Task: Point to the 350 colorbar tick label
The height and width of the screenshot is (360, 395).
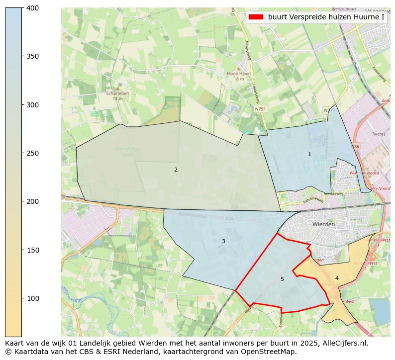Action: pyautogui.click(x=32, y=56)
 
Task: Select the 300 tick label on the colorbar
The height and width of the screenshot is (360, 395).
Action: pyautogui.click(x=32, y=105)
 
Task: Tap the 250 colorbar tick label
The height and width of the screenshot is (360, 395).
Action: pyautogui.click(x=32, y=153)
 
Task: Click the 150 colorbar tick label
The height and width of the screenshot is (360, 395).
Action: pyautogui.click(x=32, y=250)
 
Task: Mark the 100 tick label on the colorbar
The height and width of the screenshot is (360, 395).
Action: pyautogui.click(x=32, y=298)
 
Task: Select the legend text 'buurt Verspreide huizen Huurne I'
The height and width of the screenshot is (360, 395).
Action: pyautogui.click(x=326, y=17)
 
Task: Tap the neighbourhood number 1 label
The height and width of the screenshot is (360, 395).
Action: pyautogui.click(x=309, y=154)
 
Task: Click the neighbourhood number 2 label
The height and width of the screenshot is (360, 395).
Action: pyautogui.click(x=176, y=170)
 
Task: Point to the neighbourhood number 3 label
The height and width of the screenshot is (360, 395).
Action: pyautogui.click(x=223, y=241)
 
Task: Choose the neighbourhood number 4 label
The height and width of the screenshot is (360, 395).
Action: pyautogui.click(x=337, y=278)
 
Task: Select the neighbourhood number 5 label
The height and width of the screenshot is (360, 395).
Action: pyautogui.click(x=282, y=279)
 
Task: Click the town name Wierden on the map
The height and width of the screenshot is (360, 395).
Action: pyautogui.click(x=323, y=224)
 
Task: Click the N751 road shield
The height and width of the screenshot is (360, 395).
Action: pyautogui.click(x=260, y=108)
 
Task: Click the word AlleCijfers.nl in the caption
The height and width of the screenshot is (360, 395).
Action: pyautogui.click(x=344, y=343)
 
